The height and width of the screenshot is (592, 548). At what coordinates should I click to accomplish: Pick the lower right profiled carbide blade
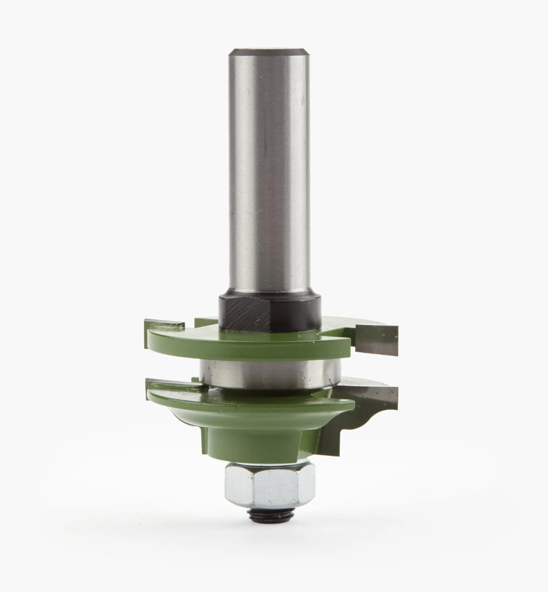(x=371, y=401)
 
